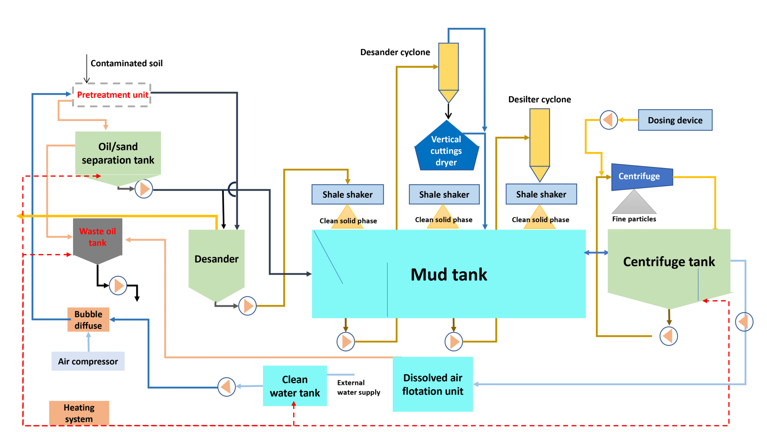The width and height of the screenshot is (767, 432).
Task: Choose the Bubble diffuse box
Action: pyautogui.click(x=88, y=319)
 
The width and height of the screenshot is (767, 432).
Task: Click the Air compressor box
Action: pyautogui.click(x=88, y=361)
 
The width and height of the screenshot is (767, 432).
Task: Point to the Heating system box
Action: pyautogui.click(x=79, y=413)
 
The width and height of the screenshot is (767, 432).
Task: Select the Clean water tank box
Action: pyautogui.click(x=295, y=386)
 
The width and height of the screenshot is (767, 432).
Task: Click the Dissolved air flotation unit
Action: pyautogui.click(x=433, y=384)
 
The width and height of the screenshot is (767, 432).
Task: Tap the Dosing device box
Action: pyautogui.click(x=675, y=120)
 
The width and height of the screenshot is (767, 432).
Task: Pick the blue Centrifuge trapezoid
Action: pyautogui.click(x=642, y=177)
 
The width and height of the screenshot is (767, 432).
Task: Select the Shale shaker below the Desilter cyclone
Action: pyautogui.click(x=541, y=194)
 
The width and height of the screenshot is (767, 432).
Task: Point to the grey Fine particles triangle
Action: pyautogui.click(x=634, y=202)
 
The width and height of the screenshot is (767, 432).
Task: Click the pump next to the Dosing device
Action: pyautogui.click(x=609, y=120)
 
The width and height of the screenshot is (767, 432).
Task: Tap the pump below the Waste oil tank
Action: pyautogui.click(x=118, y=286)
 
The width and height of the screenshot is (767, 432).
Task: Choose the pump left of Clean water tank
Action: pyautogui.click(x=227, y=387)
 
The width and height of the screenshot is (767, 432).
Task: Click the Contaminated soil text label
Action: pyautogui.click(x=126, y=63)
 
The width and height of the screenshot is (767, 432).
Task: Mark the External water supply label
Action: pyautogui.click(x=359, y=387)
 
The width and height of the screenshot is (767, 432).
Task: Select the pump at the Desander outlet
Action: pyautogui.click(x=247, y=306)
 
